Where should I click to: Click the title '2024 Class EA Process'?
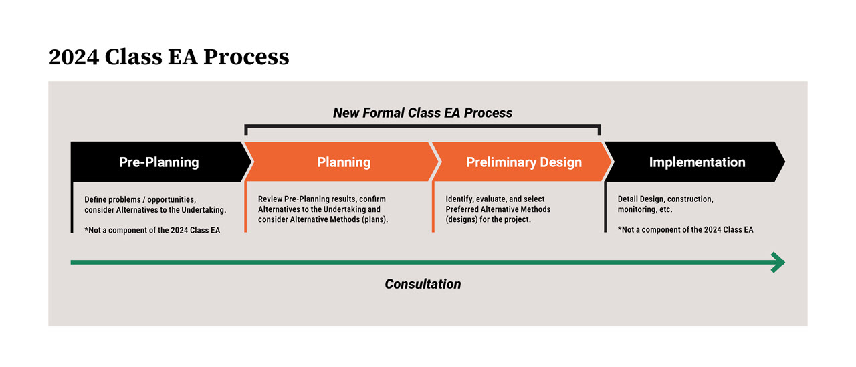(x=169, y=57)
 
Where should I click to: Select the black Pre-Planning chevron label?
(x=158, y=162)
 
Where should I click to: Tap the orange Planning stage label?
(x=343, y=162)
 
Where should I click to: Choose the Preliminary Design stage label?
(x=524, y=162)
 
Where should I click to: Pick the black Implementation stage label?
(x=697, y=162)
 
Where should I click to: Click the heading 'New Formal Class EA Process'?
(x=423, y=113)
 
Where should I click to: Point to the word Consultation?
(x=423, y=284)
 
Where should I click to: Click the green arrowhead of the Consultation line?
(x=778, y=262)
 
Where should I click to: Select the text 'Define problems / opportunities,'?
(x=140, y=199)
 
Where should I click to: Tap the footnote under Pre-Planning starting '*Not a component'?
(x=152, y=230)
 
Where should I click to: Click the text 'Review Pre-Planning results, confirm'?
(x=322, y=199)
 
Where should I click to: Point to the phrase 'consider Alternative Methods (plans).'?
(x=323, y=219)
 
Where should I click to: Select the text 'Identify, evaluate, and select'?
(x=495, y=199)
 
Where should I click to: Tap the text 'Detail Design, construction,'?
(x=665, y=199)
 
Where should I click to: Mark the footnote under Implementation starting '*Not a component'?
(x=685, y=230)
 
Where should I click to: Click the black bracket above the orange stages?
(x=423, y=125)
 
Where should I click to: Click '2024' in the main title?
(x=73, y=57)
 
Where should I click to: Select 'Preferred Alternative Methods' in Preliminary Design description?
(x=498, y=209)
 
